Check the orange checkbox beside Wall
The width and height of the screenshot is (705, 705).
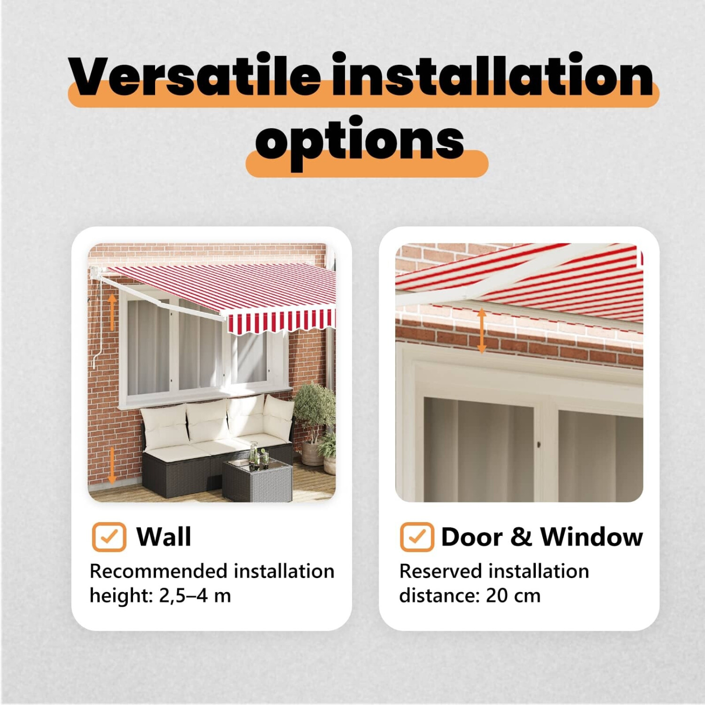pyautogui.click(x=109, y=537)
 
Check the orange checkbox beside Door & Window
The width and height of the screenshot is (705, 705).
pyautogui.click(x=417, y=537)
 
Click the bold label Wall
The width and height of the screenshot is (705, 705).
pyautogui.click(x=164, y=537)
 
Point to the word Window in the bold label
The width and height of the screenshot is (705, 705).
pyautogui.click(x=591, y=537)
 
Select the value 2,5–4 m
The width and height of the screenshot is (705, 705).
pyautogui.click(x=195, y=595)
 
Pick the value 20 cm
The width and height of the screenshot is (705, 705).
pyautogui.click(x=513, y=595)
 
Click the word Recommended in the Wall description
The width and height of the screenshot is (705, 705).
pyautogui.click(x=159, y=571)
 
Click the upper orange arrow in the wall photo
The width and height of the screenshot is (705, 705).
pyautogui.click(x=112, y=312)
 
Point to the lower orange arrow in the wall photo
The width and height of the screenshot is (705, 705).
pyautogui.click(x=112, y=465)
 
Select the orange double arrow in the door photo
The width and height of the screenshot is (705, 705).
pyautogui.click(x=482, y=331)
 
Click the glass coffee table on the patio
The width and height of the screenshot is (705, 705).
pyautogui.click(x=257, y=477)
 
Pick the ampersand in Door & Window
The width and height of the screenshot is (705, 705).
pyautogui.click(x=521, y=537)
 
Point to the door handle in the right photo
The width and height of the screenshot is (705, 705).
pyautogui.click(x=539, y=444)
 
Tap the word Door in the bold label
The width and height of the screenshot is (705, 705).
pyautogui.click(x=472, y=537)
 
